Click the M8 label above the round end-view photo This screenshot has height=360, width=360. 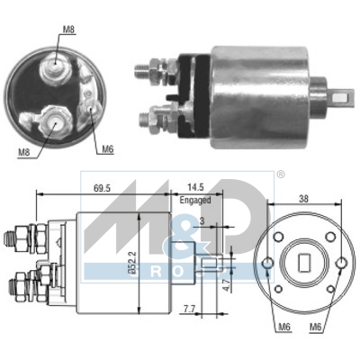[x=69, y=29]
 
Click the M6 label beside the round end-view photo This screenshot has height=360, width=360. [x=107, y=149]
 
